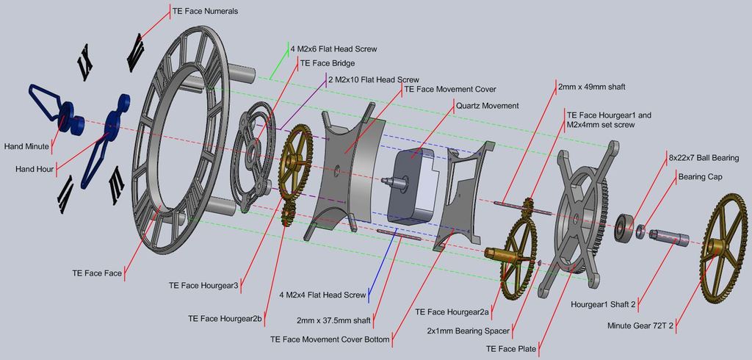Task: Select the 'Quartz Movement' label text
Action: [x=488, y=105]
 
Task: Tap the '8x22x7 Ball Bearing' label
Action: [x=704, y=158]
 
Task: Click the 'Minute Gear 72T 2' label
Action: [x=640, y=325]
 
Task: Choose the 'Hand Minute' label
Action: [x=26, y=146]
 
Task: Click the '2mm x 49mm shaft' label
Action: [x=591, y=87]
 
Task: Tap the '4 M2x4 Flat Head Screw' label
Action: [x=322, y=295]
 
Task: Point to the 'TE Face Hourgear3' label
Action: [x=203, y=285]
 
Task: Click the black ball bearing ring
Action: [x=625, y=228]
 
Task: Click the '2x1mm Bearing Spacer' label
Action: [x=469, y=331]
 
